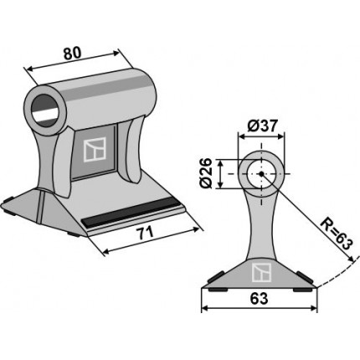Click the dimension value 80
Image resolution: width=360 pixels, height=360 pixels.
72,54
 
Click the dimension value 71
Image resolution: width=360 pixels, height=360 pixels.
145,233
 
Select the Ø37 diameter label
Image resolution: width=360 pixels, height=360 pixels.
262,127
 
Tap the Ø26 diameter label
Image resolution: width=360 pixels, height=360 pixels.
208,173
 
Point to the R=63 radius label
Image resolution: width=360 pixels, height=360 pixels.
335,234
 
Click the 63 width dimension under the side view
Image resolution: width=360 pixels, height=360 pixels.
259,299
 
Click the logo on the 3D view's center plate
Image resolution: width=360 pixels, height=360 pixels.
95,150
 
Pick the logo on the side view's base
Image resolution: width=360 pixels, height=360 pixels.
261,272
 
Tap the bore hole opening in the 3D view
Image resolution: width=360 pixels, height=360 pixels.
45,111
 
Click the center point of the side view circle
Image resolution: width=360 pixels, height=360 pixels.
261,174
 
